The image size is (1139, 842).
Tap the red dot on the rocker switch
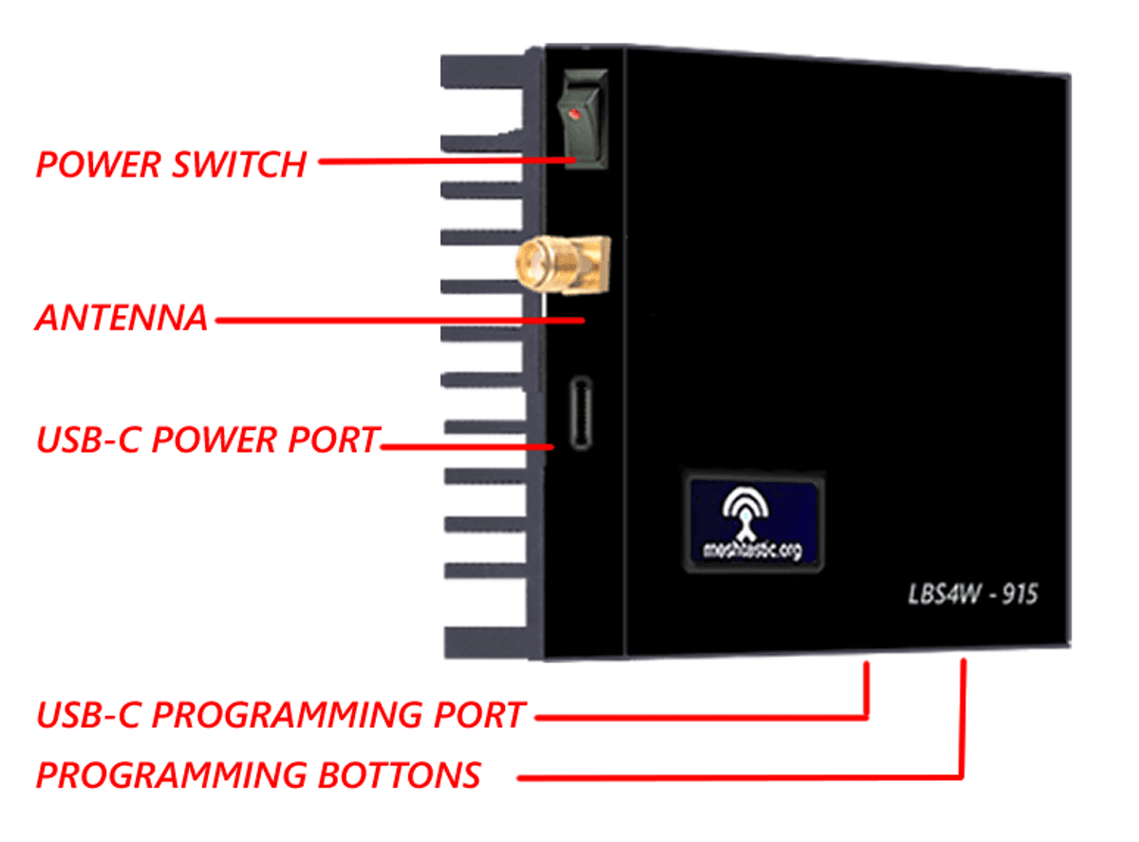click(573, 114)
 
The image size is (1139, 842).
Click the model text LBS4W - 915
click(968, 595)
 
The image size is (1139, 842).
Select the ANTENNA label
click(121, 318)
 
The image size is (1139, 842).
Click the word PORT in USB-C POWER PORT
click(333, 440)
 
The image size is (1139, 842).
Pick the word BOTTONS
click(400, 775)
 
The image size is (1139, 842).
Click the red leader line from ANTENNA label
click(399, 320)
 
